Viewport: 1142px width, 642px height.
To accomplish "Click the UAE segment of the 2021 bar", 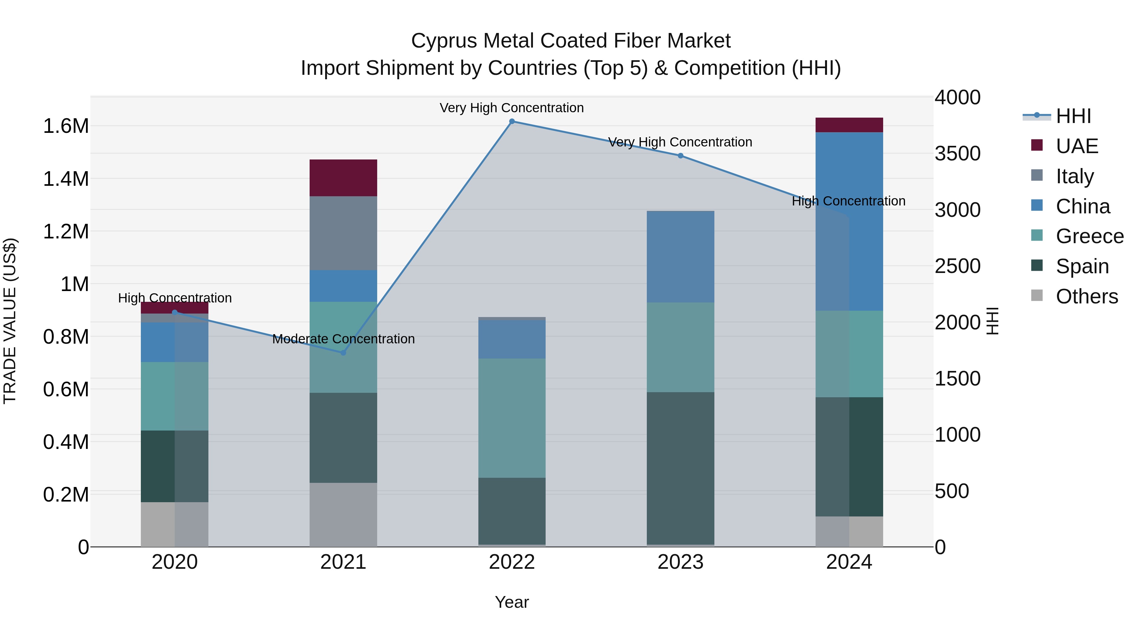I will [343, 178].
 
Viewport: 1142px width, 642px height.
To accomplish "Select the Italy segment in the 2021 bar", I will [343, 233].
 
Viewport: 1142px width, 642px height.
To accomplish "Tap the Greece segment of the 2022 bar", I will [512, 418].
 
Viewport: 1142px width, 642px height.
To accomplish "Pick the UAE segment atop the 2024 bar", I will [849, 125].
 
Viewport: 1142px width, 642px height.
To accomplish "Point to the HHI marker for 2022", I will [512, 121].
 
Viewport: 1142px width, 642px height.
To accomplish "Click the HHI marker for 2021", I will [343, 353].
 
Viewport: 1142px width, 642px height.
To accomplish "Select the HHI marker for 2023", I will [680, 156].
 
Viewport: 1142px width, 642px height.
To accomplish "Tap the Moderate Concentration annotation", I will [343, 339].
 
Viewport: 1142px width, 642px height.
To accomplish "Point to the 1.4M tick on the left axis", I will [66, 179].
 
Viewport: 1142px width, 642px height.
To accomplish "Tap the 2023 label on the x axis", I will [680, 562].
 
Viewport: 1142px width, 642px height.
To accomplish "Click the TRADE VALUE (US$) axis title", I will [10, 321].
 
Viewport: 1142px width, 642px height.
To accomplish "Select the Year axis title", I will [512, 602].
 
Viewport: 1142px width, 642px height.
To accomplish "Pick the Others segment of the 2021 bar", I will [343, 515].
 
